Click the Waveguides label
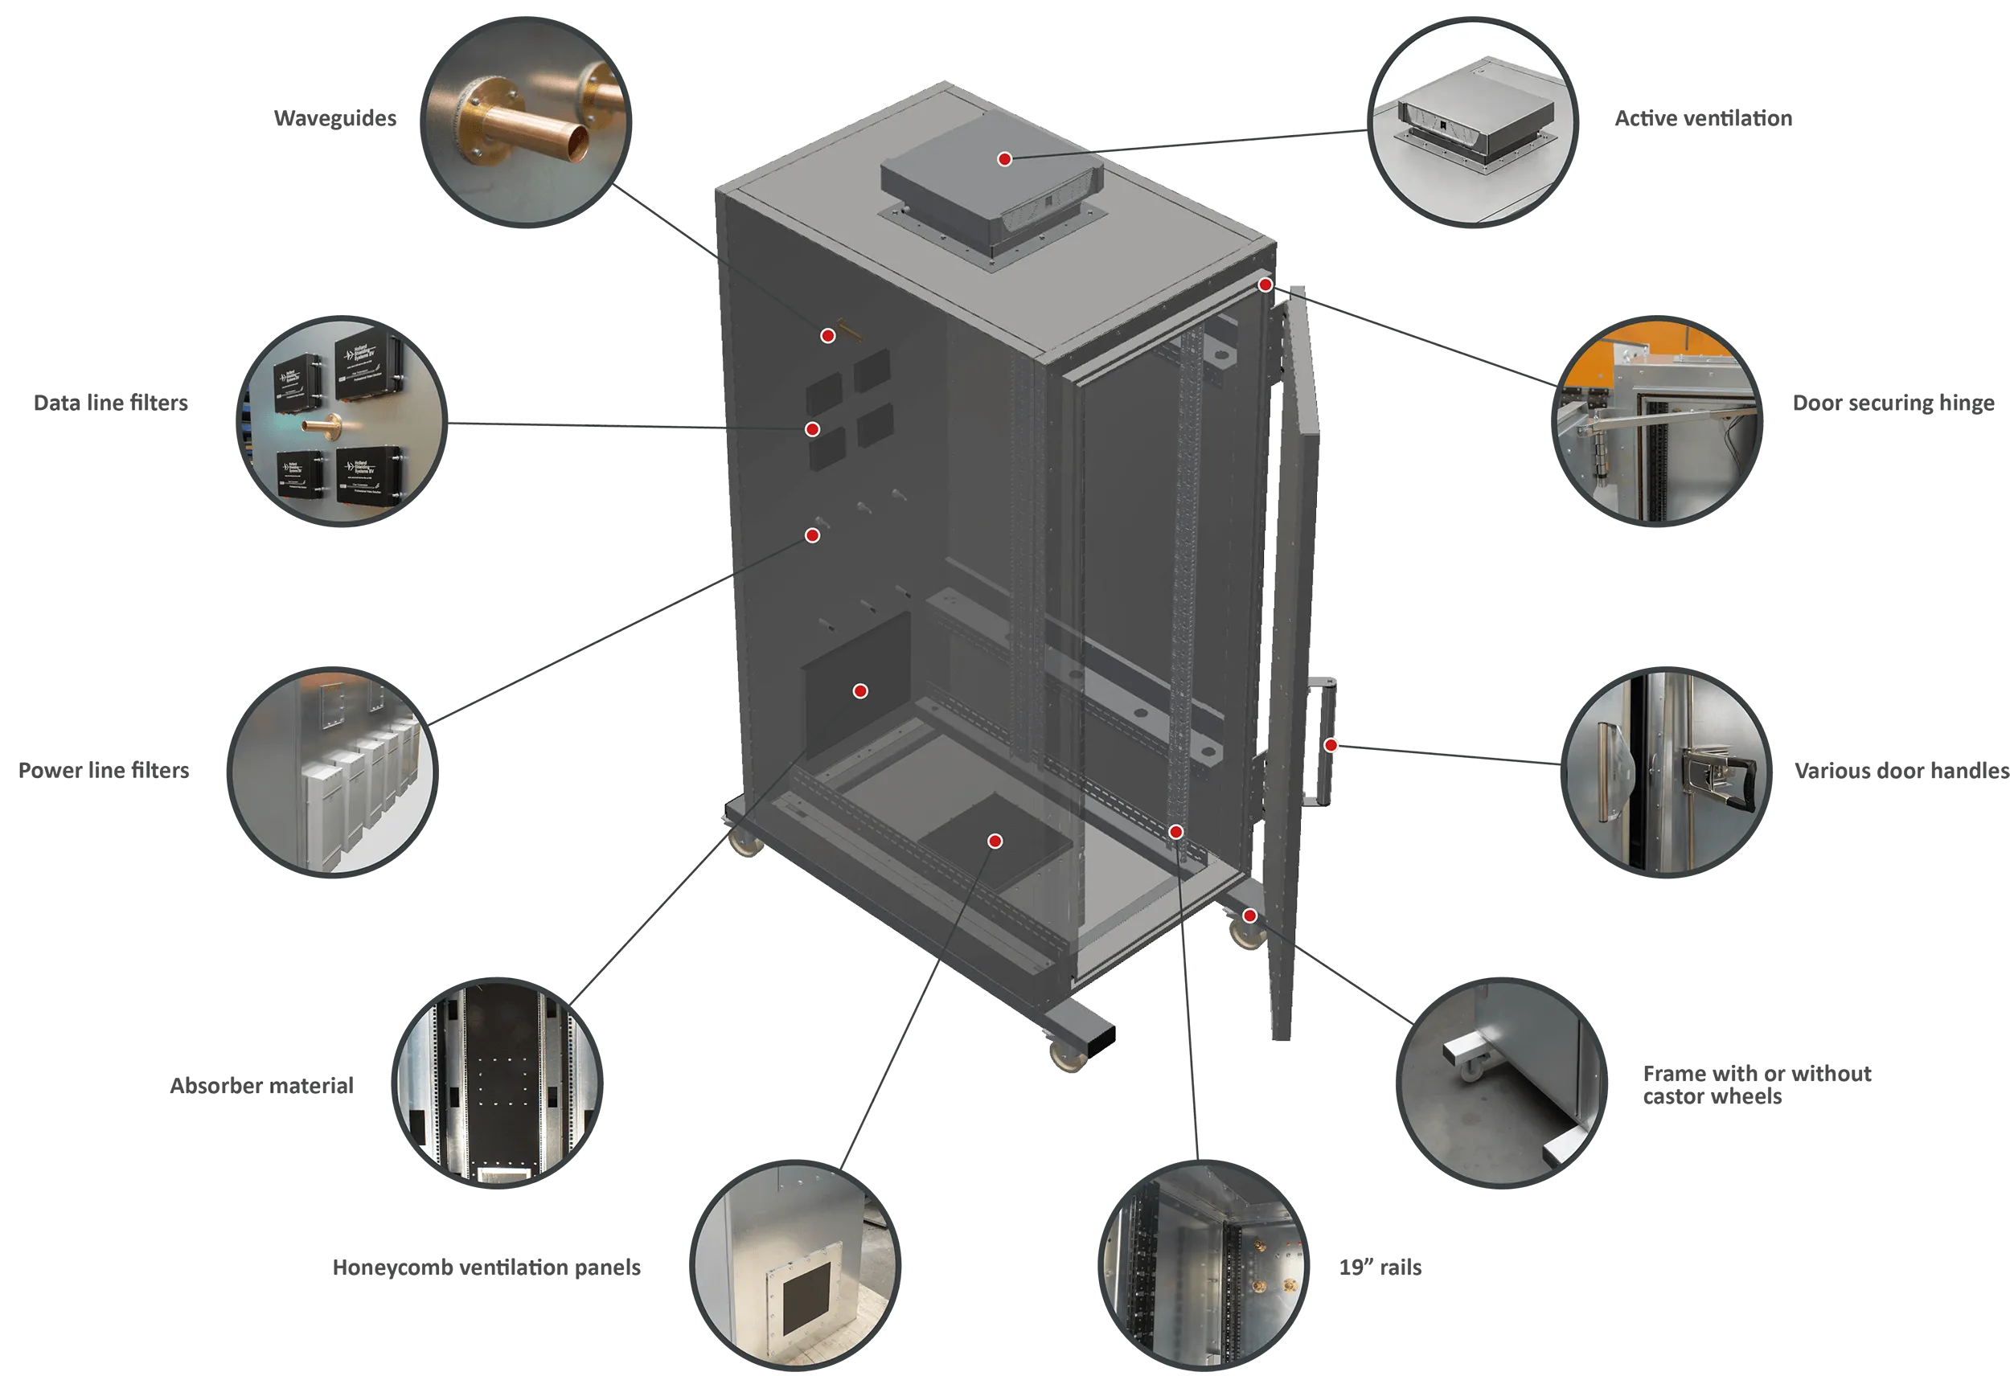click(x=334, y=118)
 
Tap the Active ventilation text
click(x=1703, y=118)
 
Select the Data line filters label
click(x=111, y=403)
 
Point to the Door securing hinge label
click(x=1893, y=403)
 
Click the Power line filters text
click(x=104, y=771)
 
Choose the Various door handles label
click(x=1901, y=771)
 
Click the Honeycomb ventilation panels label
click(x=486, y=1267)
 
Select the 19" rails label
click(x=1380, y=1267)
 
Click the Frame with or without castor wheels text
click(x=1757, y=1084)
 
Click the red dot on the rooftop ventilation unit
click(x=1004, y=159)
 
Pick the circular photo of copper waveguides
click(x=526, y=123)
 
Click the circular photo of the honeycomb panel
click(x=795, y=1265)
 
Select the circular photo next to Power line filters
click(x=332, y=772)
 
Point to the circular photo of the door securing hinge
click(x=1657, y=421)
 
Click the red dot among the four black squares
click(x=812, y=430)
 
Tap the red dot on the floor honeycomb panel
click(x=995, y=842)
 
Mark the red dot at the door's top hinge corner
click(x=1265, y=285)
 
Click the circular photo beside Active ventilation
click(x=1473, y=123)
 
